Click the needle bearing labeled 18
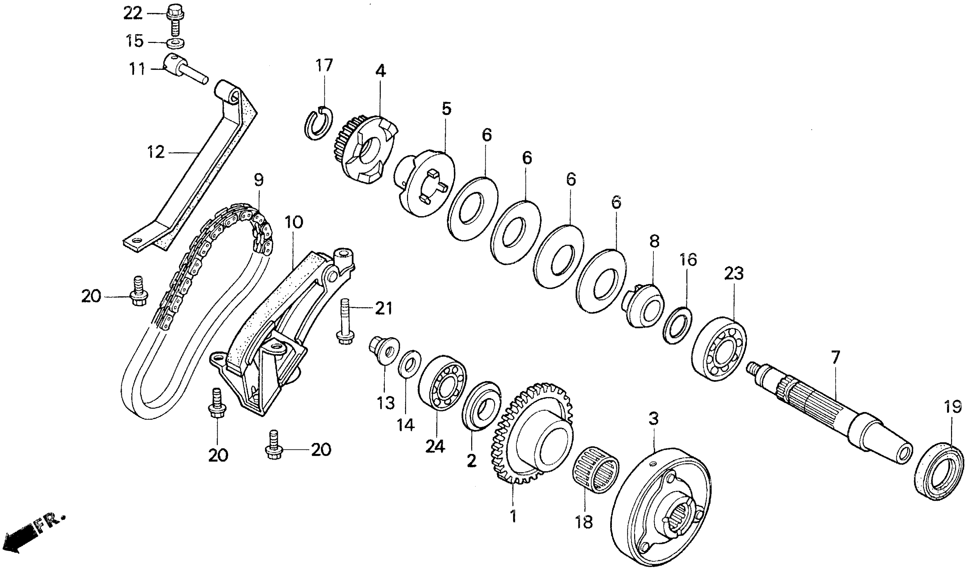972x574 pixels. (x=595, y=470)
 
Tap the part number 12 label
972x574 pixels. (x=156, y=152)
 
